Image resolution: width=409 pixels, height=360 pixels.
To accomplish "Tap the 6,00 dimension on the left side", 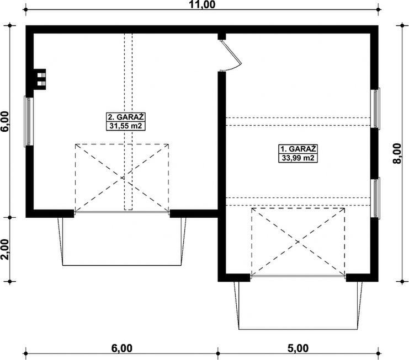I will (x=5, y=122).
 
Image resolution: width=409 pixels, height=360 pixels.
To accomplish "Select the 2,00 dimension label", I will (x=5, y=249).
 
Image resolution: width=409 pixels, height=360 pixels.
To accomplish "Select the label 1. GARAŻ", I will (x=298, y=149).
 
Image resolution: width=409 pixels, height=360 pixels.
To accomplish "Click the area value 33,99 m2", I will (x=298, y=158).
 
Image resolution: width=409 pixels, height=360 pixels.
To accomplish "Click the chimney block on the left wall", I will (x=40, y=77).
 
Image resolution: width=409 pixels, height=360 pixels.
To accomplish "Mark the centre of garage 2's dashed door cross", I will (x=122, y=178).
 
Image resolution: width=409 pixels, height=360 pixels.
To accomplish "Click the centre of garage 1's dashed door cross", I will (x=298, y=241).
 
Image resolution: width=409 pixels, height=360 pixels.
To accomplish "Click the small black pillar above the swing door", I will (x=222, y=36).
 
